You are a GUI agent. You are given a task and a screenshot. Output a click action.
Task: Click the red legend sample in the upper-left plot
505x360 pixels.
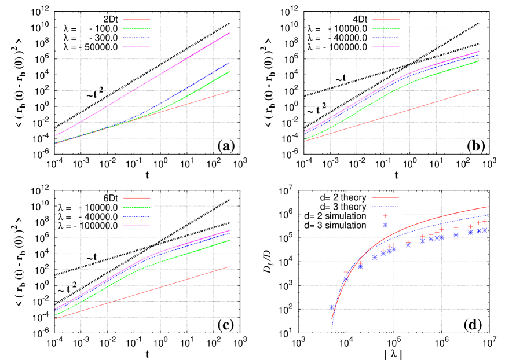[x=137, y=19]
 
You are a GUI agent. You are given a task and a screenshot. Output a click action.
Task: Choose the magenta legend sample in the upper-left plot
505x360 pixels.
[x=137, y=47]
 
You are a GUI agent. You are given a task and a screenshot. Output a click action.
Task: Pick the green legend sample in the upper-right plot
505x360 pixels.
[x=386, y=28]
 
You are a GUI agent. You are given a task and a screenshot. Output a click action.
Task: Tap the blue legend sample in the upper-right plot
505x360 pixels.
[x=386, y=38]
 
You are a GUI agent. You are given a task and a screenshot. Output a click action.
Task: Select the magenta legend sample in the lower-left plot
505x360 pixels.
[x=137, y=226]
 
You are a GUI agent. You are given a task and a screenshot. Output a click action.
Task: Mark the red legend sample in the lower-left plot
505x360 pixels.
[x=137, y=198]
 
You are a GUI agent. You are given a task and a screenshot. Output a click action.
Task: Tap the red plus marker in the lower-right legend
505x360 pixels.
[x=385, y=216]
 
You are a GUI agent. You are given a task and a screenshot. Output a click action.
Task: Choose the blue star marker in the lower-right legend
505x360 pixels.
[x=385, y=225]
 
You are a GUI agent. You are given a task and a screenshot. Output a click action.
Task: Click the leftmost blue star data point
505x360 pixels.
[x=331, y=307]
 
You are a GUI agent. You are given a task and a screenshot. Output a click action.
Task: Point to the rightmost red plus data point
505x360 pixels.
[x=485, y=221]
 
